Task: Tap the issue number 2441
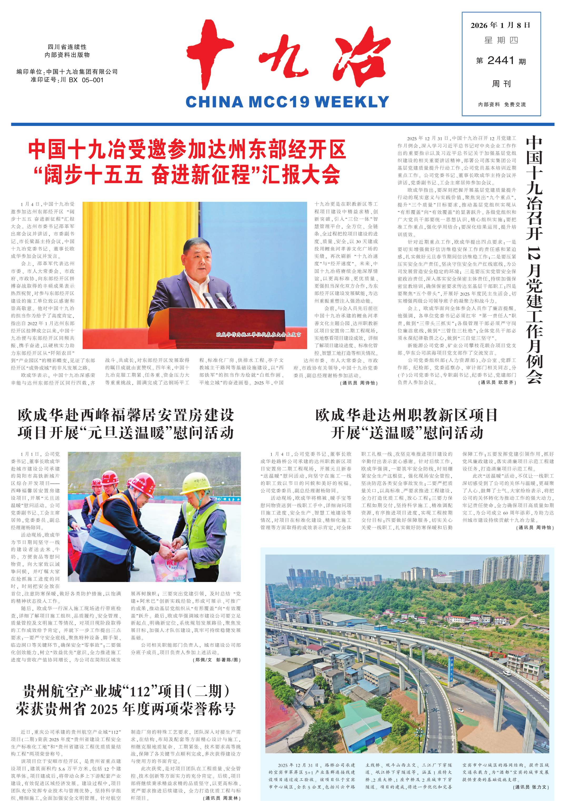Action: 501,61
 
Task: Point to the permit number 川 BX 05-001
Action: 82,80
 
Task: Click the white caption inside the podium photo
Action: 259,334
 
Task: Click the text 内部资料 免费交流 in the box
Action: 501,105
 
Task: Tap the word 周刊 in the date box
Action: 501,84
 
